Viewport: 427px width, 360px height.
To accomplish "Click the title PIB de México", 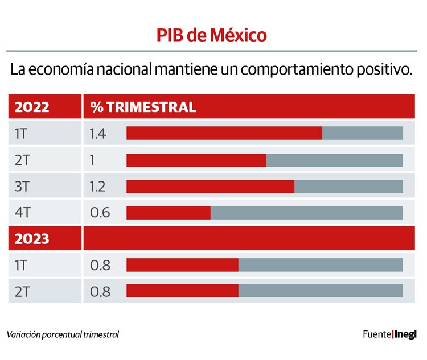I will point(212,35).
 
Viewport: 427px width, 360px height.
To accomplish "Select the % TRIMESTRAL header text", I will point(143,107).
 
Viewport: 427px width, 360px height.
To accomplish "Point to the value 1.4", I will point(98,134).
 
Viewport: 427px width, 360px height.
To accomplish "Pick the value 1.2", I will point(98,187).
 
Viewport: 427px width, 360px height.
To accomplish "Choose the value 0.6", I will point(100,213).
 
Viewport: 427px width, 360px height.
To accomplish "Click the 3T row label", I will point(22,187).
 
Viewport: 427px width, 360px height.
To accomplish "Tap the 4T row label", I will point(23,213).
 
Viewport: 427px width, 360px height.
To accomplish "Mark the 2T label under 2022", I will point(22,160).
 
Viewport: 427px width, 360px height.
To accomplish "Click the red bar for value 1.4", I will point(224,133).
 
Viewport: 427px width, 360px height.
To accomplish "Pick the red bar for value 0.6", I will point(169,213).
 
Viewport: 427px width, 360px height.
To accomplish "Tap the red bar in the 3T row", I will point(210,187).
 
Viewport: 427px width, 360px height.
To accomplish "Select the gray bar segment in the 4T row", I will point(306,213).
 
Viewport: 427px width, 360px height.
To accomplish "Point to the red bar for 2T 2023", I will point(182,291).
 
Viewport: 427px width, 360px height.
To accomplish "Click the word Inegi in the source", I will point(406,334).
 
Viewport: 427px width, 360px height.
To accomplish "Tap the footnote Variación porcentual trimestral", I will point(63,334).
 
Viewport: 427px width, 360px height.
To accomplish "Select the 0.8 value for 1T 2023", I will point(100,265).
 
